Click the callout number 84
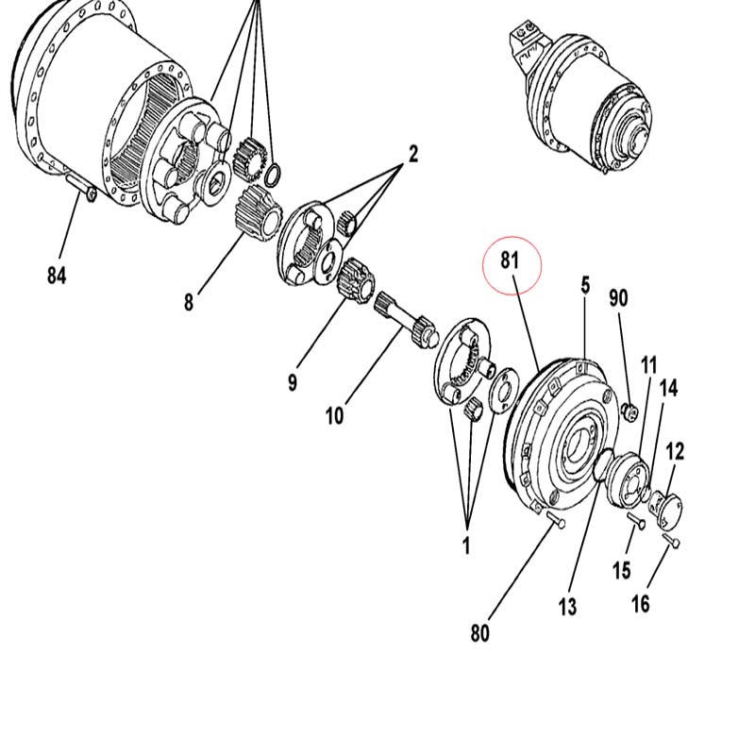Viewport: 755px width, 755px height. (x=57, y=276)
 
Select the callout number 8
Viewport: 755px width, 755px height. (x=188, y=302)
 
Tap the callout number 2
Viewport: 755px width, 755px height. (x=413, y=155)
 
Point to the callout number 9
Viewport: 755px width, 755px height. (x=293, y=383)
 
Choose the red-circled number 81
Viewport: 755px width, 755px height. (x=510, y=260)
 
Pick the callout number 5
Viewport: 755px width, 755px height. (x=585, y=286)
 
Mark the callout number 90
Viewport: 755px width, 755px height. (x=618, y=298)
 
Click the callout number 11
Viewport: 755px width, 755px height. (x=649, y=365)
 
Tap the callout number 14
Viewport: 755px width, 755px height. (x=668, y=388)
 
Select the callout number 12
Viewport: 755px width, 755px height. (x=675, y=452)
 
